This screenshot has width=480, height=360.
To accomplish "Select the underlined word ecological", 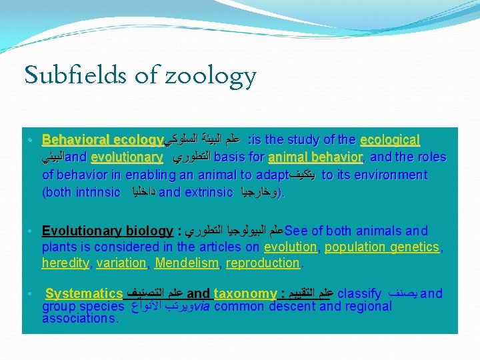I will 389,141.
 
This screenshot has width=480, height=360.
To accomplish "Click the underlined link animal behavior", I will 315,158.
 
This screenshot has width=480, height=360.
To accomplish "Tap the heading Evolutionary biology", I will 107,231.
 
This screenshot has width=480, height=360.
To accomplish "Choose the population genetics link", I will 382,247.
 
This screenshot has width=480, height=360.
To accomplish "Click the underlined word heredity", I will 65,263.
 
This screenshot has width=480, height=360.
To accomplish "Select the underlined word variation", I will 121,263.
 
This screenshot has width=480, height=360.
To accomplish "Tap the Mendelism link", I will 186,263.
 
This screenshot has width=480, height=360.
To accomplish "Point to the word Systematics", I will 84,293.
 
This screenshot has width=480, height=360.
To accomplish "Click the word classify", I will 360,293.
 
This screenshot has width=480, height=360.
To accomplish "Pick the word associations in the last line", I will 79,319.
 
